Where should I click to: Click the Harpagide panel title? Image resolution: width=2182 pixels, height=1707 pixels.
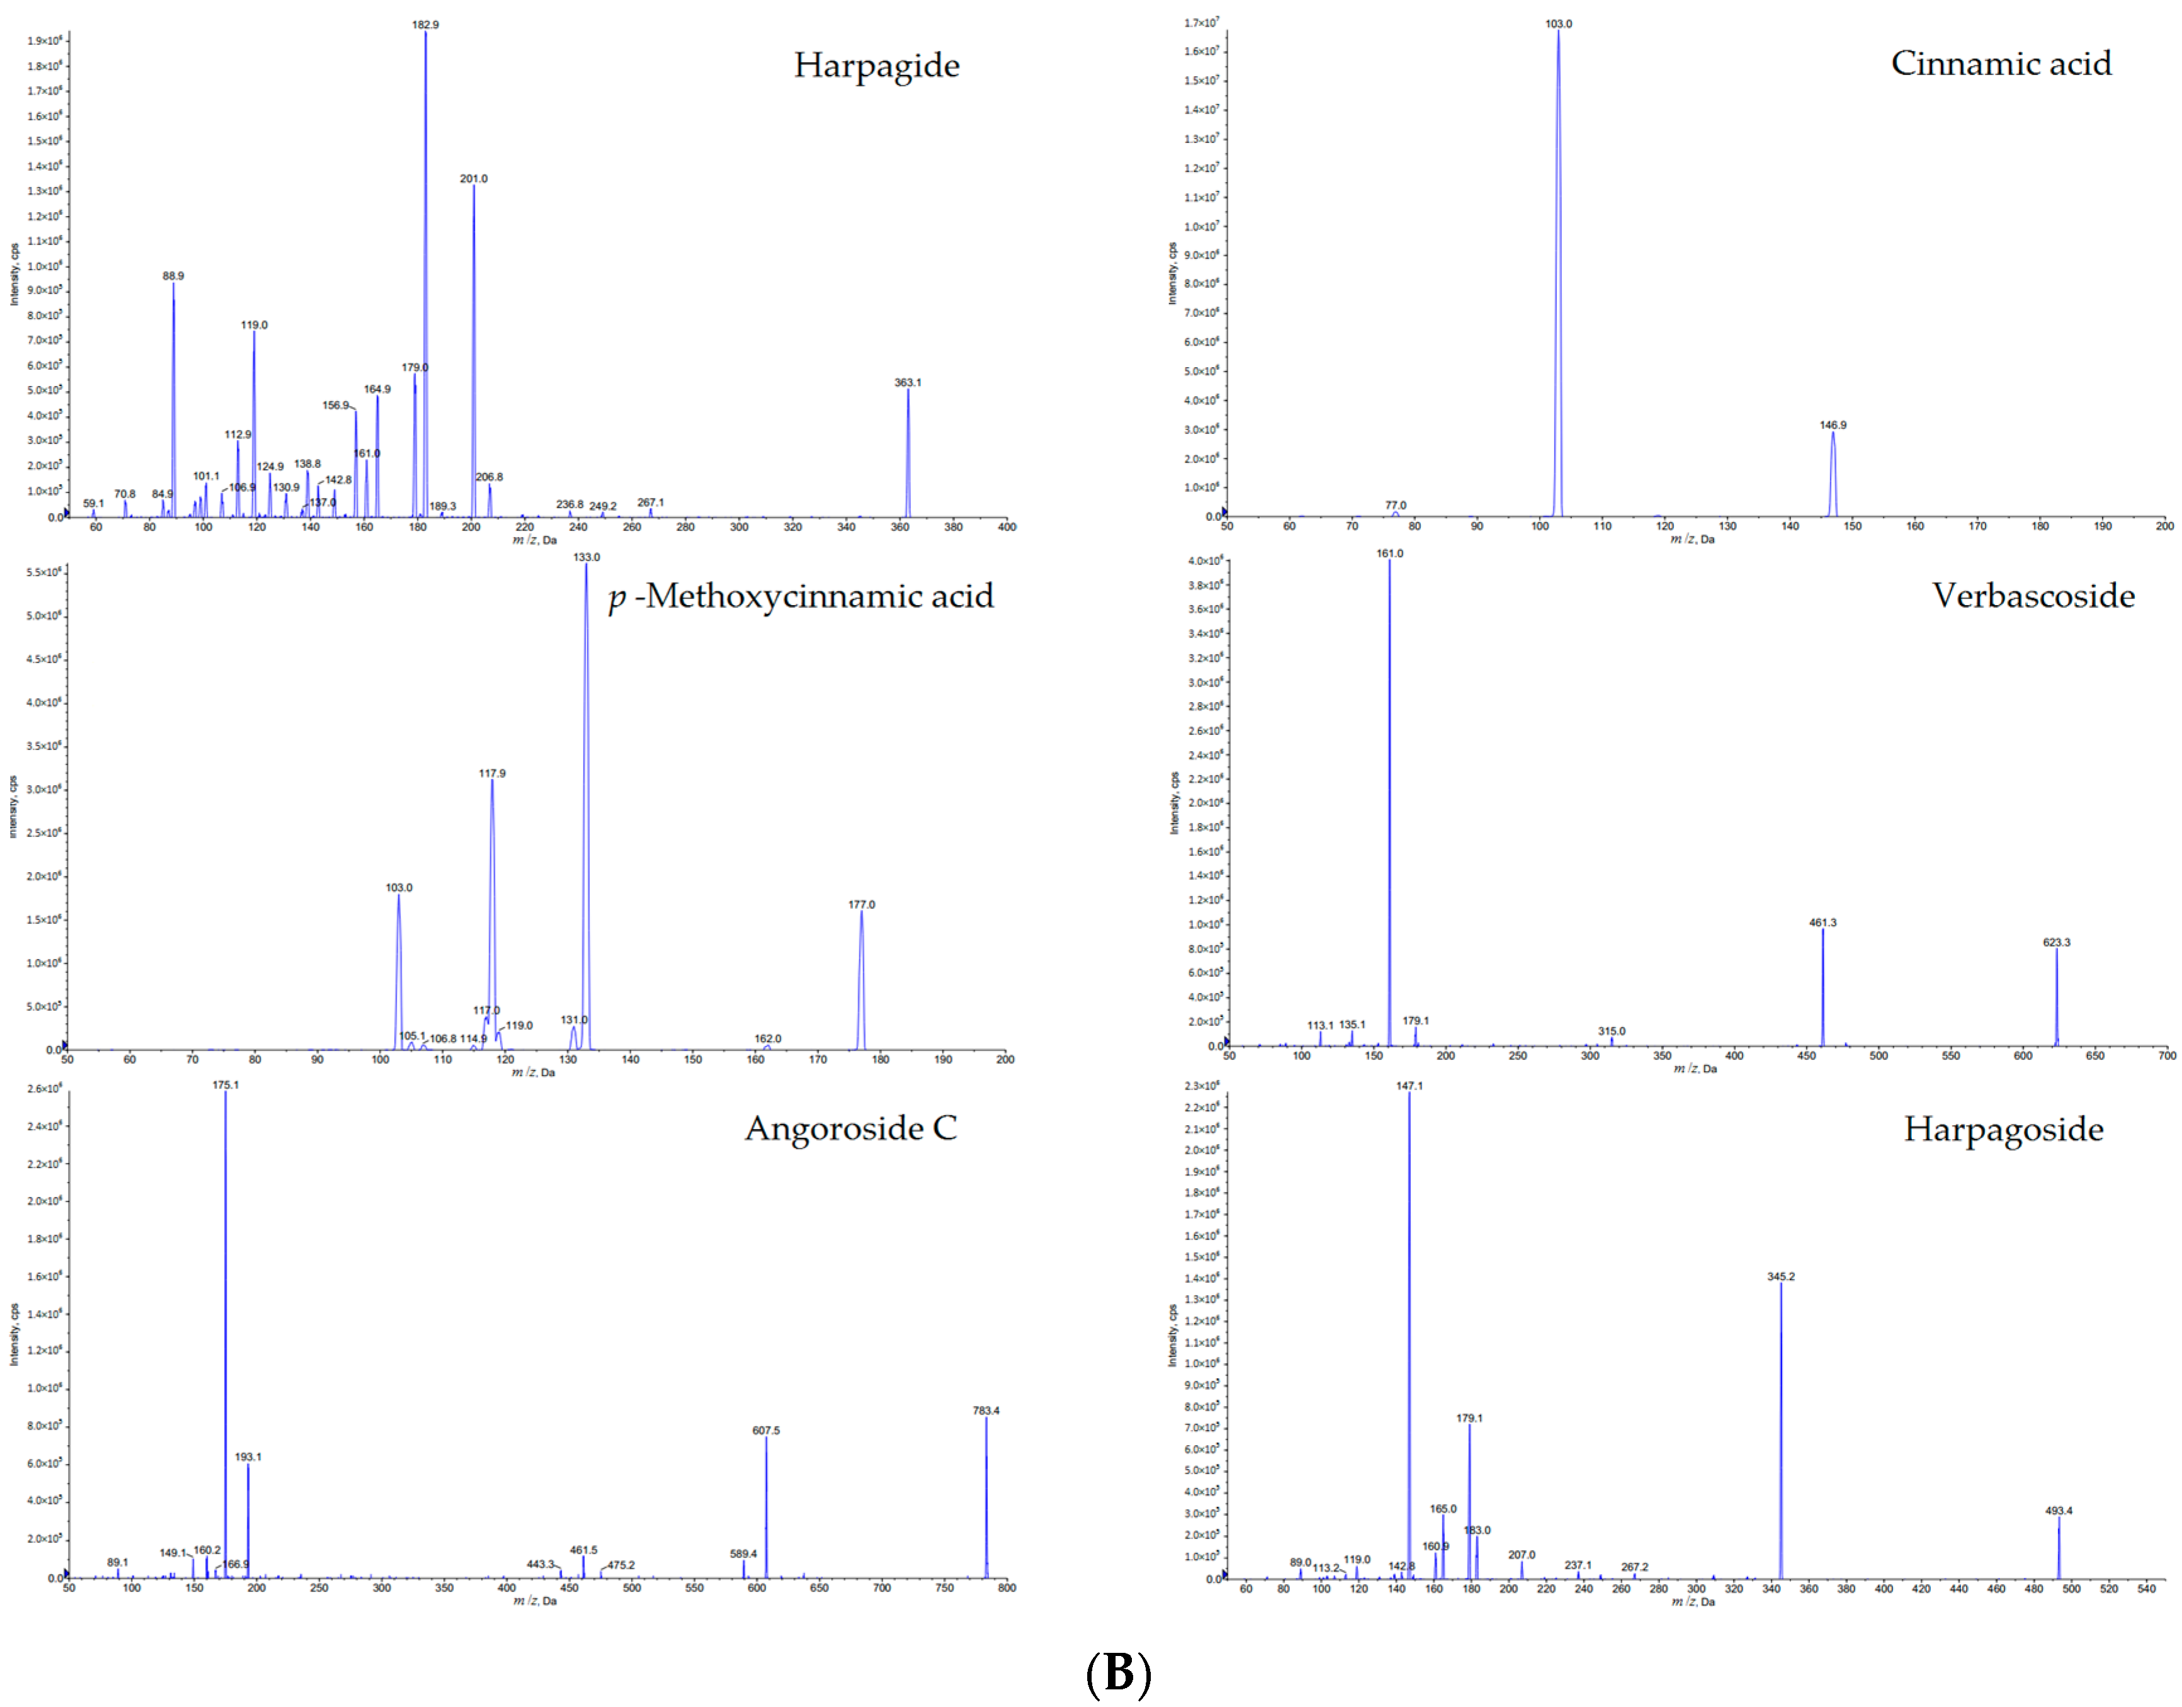(x=876, y=66)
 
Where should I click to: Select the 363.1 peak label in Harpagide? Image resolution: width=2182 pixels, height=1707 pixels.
(x=907, y=383)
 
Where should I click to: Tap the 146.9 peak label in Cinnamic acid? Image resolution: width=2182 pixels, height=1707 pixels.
(x=1833, y=426)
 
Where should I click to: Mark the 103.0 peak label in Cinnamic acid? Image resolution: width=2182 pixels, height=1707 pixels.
(x=1557, y=24)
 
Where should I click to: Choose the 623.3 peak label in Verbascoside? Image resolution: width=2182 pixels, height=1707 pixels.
(x=2056, y=943)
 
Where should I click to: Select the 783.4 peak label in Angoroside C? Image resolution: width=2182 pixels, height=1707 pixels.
(x=985, y=1411)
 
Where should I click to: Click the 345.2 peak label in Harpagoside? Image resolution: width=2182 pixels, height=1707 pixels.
(x=1780, y=1277)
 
